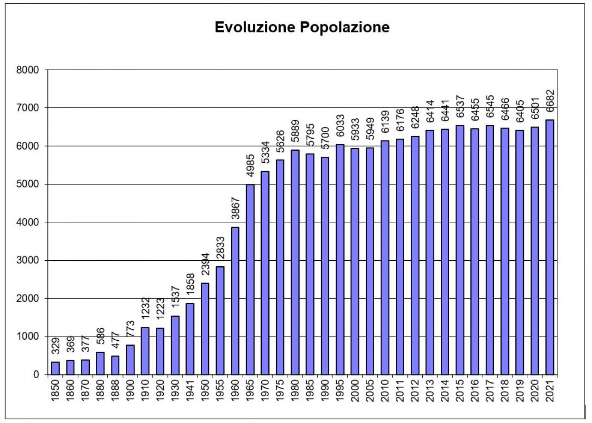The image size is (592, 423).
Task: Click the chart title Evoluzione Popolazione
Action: click(x=302, y=28)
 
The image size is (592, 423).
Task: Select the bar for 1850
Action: click(x=55, y=368)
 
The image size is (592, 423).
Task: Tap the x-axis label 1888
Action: click(x=115, y=392)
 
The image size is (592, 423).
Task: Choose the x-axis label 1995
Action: click(x=340, y=392)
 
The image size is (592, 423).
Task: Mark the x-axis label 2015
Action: click(x=460, y=392)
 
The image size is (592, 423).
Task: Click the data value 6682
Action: click(x=550, y=104)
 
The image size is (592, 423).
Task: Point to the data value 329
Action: click(x=55, y=346)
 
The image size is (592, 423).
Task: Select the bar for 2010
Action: click(x=385, y=257)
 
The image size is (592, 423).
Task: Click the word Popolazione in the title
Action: click(x=345, y=28)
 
